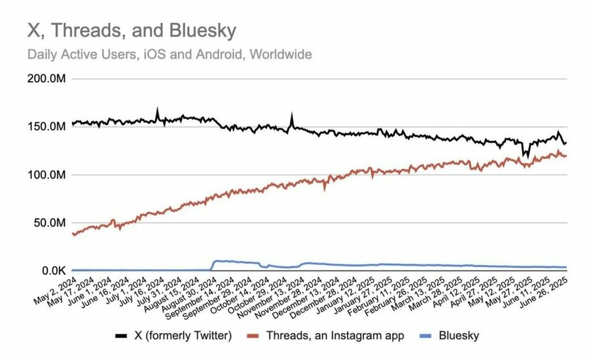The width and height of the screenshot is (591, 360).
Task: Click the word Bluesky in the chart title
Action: pos(203,31)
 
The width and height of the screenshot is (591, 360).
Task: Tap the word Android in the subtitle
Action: pos(219,54)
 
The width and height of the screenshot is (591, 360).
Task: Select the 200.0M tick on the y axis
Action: pos(46,79)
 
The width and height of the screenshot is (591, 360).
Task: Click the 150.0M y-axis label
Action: pos(46,127)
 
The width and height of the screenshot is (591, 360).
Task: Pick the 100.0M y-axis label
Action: pos(46,175)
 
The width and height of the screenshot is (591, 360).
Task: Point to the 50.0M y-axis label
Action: pos(49,223)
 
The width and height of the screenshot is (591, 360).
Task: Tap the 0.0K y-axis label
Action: pos(54,271)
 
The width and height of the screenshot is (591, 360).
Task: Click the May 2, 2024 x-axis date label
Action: pos(56,291)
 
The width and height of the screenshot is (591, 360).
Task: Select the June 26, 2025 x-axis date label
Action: pos(544,292)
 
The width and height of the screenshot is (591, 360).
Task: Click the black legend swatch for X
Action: pos(121,336)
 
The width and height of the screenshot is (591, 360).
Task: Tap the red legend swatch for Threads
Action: pos(253,336)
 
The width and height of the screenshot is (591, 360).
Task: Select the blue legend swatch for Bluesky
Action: pos(425,336)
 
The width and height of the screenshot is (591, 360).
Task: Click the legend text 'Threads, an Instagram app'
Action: pos(335,336)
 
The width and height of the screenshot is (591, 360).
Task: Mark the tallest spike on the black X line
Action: pos(158,108)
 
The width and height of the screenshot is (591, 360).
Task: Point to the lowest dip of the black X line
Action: pos(528,157)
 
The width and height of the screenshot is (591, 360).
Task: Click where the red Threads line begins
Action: pos(73,234)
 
